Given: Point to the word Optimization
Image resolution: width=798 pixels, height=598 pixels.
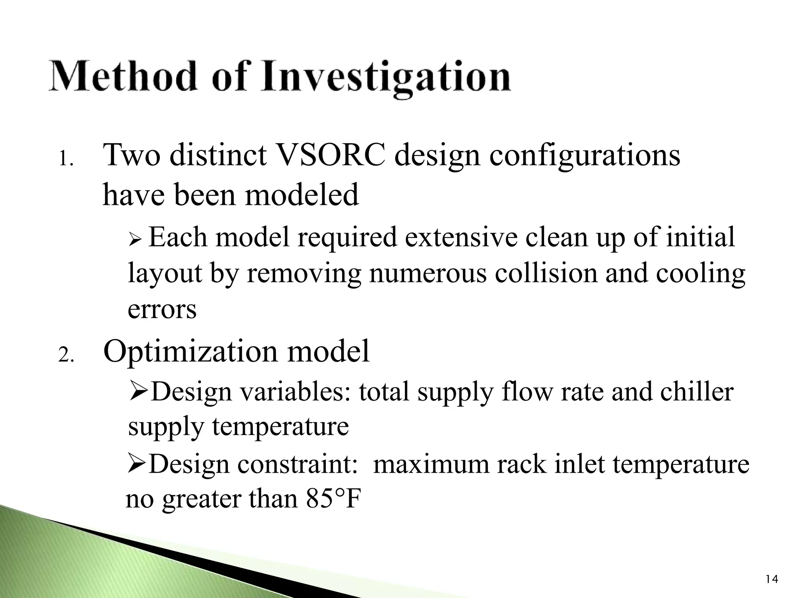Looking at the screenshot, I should tap(191, 352).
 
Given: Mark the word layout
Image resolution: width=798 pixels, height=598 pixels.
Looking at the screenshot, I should tap(165, 274).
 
